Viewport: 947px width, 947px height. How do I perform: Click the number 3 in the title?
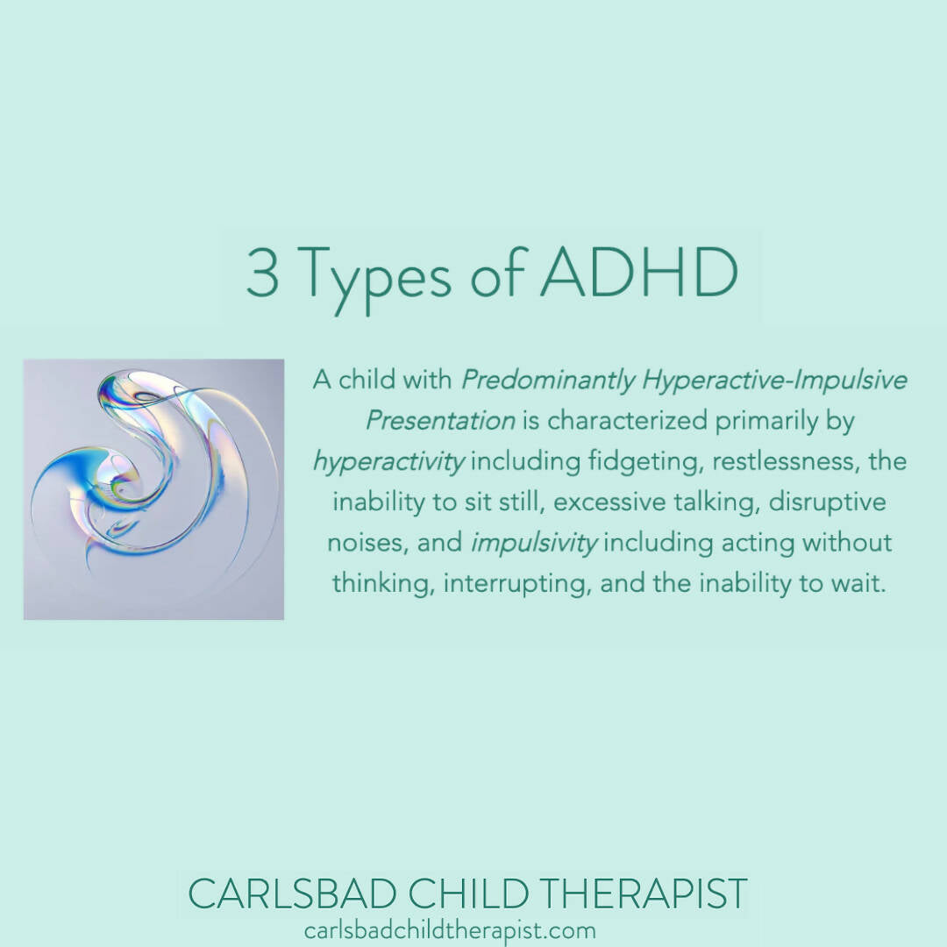(261, 274)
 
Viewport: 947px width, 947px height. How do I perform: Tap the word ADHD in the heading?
(637, 274)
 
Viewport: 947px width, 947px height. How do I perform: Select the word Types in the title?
(378, 277)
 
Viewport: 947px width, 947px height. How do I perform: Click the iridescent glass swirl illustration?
(153, 489)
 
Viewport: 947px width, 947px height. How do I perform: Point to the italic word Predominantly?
(548, 381)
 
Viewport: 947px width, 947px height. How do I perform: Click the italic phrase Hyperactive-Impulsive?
(775, 381)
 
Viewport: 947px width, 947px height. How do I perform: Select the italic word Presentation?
(440, 421)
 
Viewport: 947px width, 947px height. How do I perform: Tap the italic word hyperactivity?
(388, 462)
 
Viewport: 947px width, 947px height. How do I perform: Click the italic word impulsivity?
(534, 543)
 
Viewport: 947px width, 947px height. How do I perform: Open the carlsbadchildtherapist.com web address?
(450, 930)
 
